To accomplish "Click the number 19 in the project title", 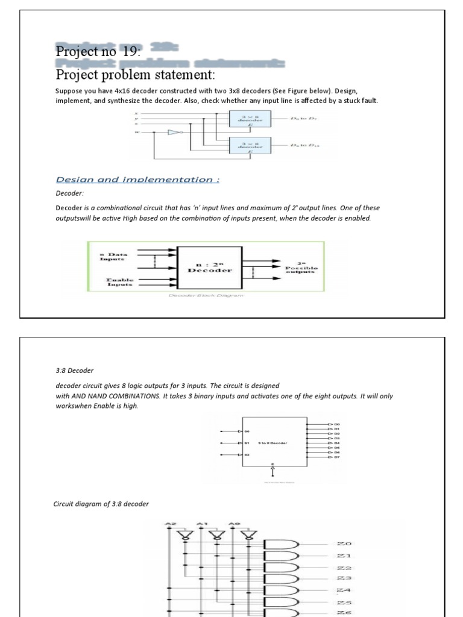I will [x=130, y=52].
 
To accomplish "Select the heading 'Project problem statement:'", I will [x=135, y=75].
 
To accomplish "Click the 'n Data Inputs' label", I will [x=113, y=257].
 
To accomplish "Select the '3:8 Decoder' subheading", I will [x=75, y=371].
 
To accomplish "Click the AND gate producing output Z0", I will [x=285, y=544].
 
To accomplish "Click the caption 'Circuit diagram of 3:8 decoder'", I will [x=101, y=504].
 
